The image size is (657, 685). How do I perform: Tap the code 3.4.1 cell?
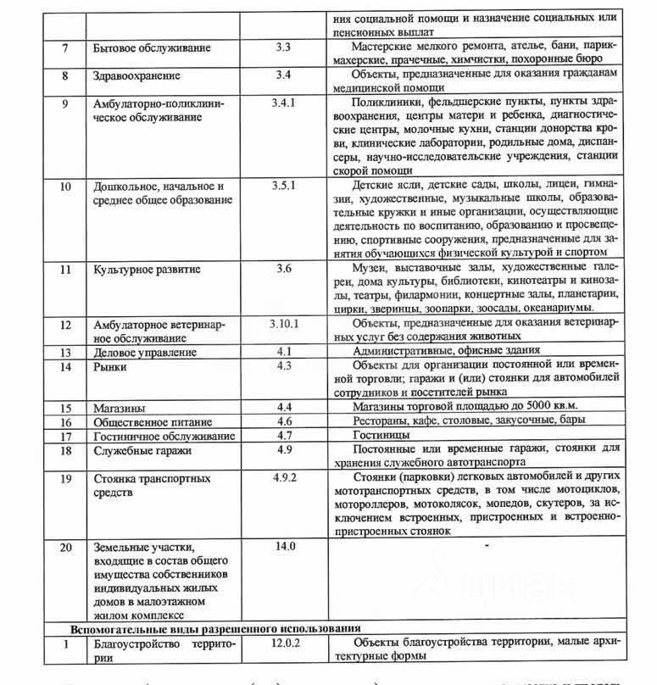click(286, 103)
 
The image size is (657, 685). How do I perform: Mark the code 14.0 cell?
click(284, 546)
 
